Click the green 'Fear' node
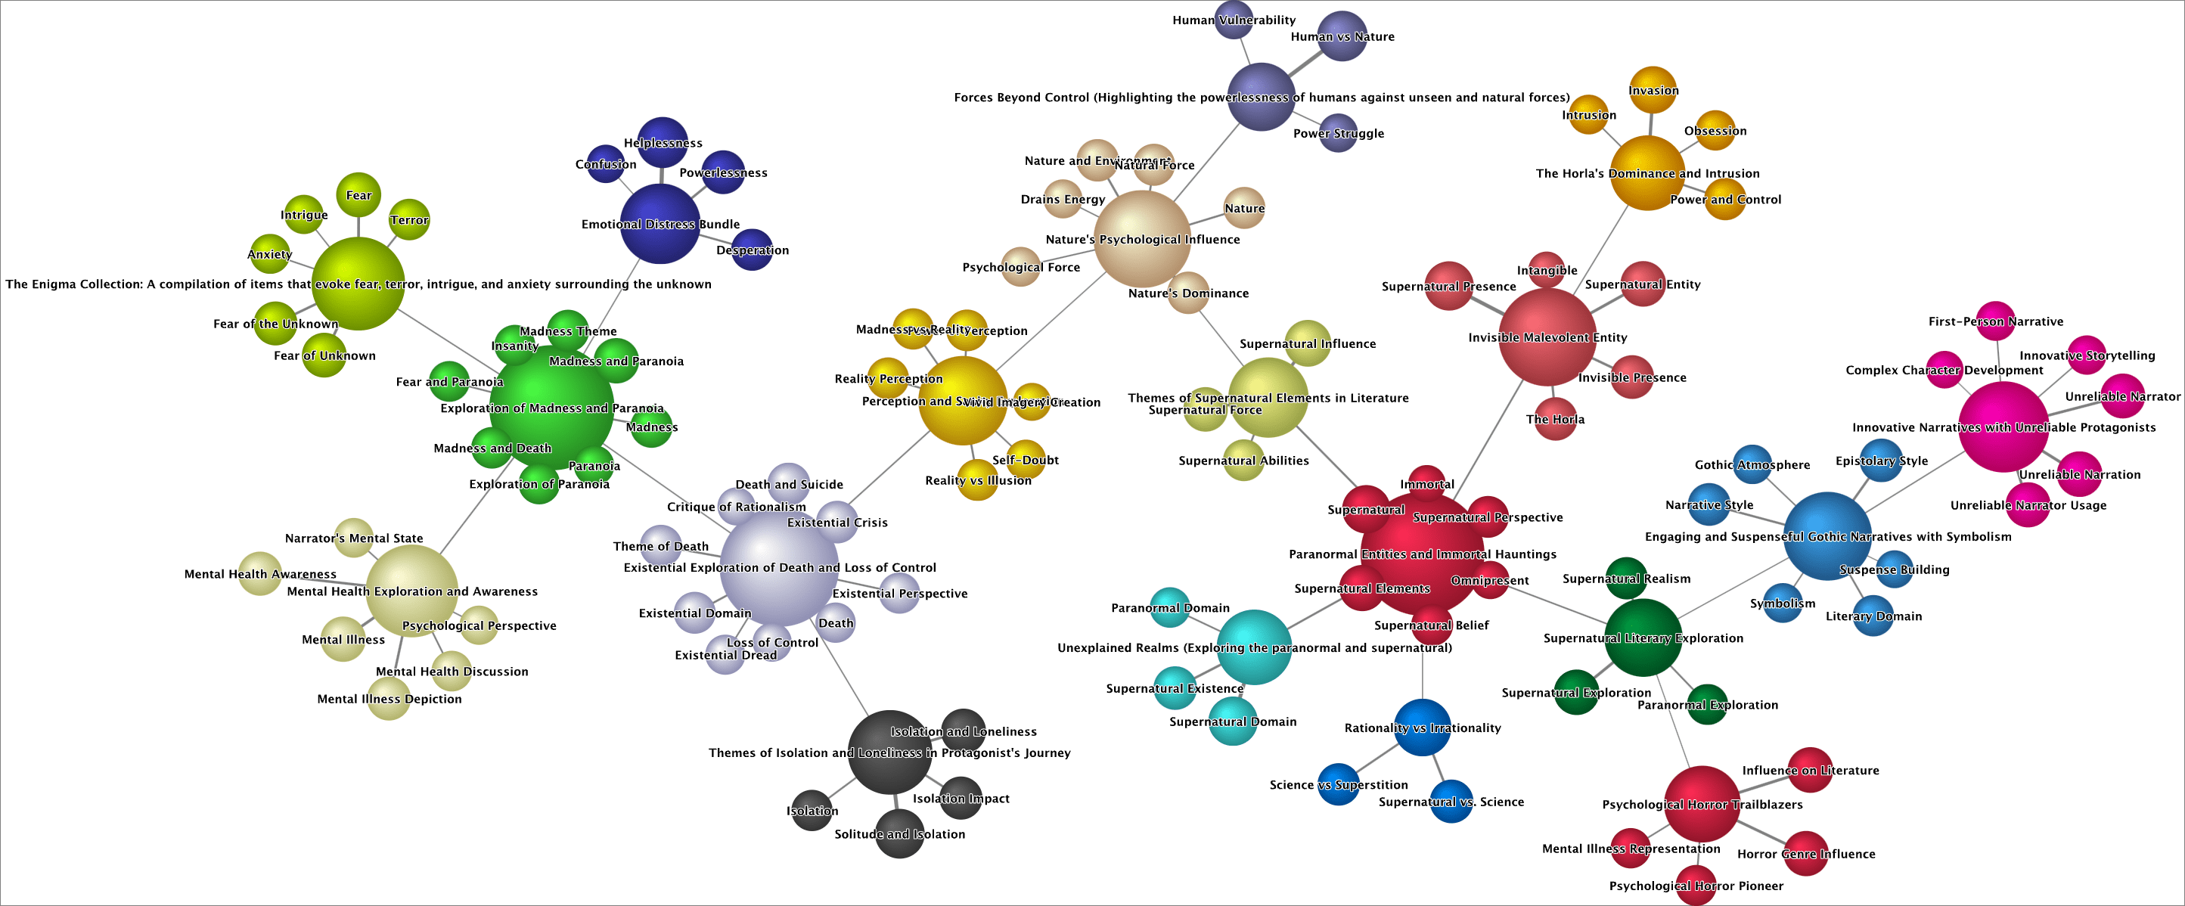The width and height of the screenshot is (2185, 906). pos(358,195)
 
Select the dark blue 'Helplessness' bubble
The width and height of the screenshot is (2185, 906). pos(663,141)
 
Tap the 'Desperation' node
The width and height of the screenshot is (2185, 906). pos(752,250)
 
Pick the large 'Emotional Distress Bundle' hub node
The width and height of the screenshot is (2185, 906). pos(660,224)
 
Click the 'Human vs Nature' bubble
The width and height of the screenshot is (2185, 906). pos(1342,36)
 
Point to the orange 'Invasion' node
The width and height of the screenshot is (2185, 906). pos(1653,90)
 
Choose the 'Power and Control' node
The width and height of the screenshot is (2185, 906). pos(1724,200)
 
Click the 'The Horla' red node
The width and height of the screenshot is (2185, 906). pos(1555,419)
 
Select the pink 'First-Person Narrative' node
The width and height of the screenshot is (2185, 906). pos(1995,321)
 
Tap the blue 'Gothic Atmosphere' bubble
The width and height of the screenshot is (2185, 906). pos(1752,465)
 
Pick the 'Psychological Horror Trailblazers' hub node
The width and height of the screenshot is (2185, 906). pos(1702,804)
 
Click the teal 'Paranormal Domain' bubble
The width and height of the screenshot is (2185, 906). pos(1170,607)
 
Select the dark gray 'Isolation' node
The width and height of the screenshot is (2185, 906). pos(811,810)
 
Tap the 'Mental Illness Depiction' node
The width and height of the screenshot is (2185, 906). pos(389,699)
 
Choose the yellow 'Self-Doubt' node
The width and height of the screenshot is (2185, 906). pos(1026,460)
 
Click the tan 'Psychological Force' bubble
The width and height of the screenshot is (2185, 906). pos(1020,267)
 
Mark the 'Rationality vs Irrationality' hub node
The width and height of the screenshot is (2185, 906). pos(1423,728)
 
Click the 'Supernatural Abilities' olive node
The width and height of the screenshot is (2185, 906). pos(1243,461)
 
